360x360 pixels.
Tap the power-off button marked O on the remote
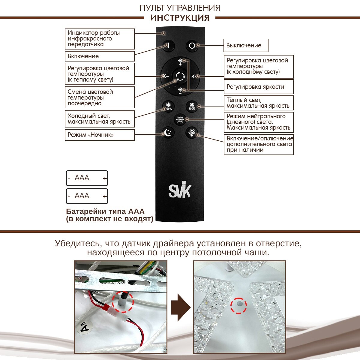[x=192, y=46]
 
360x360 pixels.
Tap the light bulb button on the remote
[x=192, y=132]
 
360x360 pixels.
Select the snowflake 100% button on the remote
[x=169, y=106]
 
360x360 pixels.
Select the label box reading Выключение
[x=246, y=46]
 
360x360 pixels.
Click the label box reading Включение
[x=100, y=56]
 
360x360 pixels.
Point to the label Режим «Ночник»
[x=100, y=135]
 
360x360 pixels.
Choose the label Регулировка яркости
[x=259, y=87]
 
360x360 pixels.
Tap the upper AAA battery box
[x=87, y=178]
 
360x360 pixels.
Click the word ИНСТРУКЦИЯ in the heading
[x=180, y=18]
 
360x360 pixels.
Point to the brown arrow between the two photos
[x=181, y=307]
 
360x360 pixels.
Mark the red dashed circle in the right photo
[x=238, y=305]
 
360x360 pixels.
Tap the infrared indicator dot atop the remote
[x=164, y=33]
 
